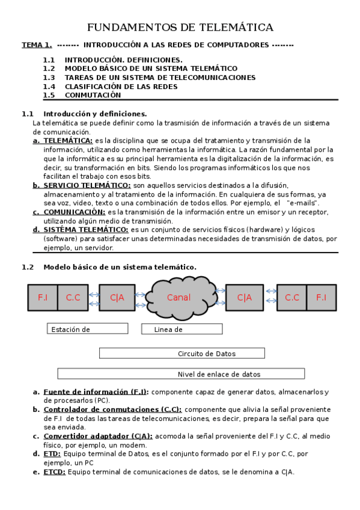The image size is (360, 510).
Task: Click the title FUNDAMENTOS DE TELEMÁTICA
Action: [x=180, y=28]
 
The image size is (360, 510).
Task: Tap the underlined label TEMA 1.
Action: [x=37, y=45]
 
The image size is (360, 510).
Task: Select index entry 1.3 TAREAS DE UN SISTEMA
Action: [x=159, y=78]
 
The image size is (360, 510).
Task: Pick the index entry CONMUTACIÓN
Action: [x=93, y=95]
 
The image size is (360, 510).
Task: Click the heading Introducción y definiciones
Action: [x=95, y=114]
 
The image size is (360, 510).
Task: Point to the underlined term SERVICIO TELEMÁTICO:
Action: [x=87, y=186]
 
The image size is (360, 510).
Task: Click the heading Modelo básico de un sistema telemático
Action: [x=120, y=267]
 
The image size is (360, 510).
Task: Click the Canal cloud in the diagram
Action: [x=179, y=297]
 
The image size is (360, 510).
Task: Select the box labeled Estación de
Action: [x=87, y=329]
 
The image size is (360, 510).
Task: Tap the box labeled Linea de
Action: [x=182, y=329]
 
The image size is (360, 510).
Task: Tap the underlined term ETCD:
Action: [x=54, y=472]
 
